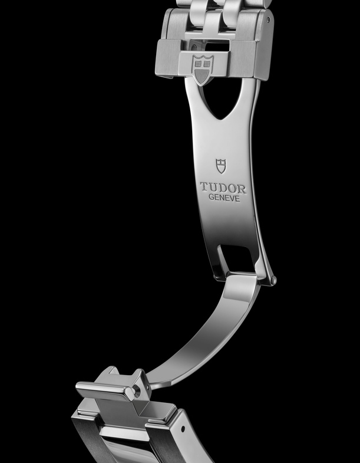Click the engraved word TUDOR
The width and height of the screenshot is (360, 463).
pyautogui.click(x=223, y=188)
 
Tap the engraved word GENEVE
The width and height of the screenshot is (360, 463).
pyautogui.click(x=224, y=198)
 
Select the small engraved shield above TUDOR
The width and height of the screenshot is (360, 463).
pyautogui.click(x=221, y=166)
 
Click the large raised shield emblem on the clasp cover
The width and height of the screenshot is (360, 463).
pyautogui.click(x=203, y=70)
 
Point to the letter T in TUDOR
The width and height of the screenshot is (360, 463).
pyautogui.click(x=204, y=187)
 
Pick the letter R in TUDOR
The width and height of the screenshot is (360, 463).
pyautogui.click(x=242, y=189)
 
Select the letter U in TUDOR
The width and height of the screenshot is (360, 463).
pyautogui.click(x=213, y=188)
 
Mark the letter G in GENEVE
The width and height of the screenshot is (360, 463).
pyautogui.click(x=212, y=197)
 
